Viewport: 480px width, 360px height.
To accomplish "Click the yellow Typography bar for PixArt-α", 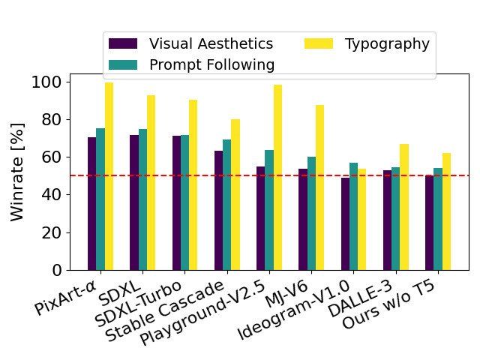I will tap(109, 176).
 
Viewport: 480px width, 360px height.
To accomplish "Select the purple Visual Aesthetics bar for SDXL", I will tap(133, 202).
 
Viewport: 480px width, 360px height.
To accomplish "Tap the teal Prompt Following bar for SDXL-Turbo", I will tap(184, 202).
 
